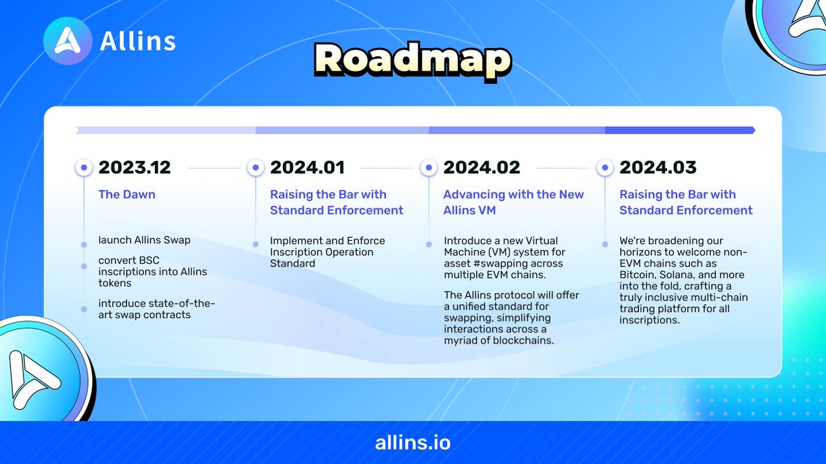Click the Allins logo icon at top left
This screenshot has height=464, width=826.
coord(67,41)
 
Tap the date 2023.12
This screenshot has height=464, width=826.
coord(134,167)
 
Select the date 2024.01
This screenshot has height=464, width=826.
coord(307,167)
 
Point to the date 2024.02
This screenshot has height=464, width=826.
coord(480,167)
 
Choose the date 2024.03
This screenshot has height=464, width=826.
coord(657,167)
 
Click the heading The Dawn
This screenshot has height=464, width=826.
coord(127,195)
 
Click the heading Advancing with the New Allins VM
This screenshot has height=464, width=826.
coord(513,202)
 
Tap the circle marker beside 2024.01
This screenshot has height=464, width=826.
coord(255,167)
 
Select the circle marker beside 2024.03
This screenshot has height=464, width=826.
coord(604,167)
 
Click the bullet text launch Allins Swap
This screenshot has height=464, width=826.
coord(144,241)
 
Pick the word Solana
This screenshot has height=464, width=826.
coord(681,275)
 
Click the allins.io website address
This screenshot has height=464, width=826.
coord(413,442)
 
